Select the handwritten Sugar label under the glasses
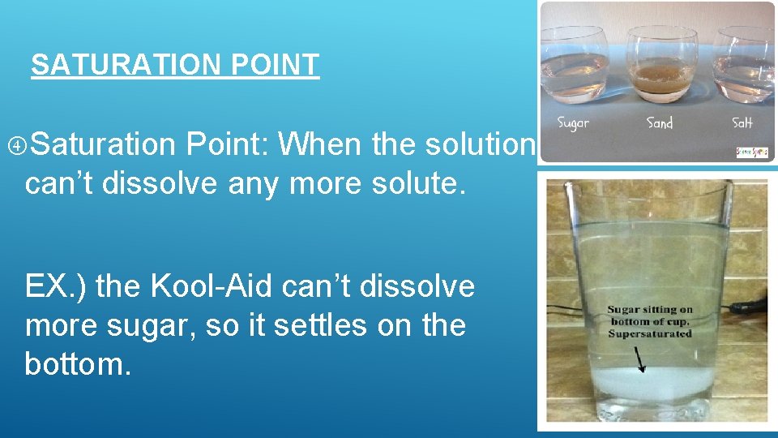coord(573,124)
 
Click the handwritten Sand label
coord(659,124)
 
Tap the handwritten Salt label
coord(742,123)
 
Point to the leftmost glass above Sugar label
coord(574,65)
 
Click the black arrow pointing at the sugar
coord(640,358)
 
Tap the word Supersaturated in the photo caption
coord(650,333)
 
